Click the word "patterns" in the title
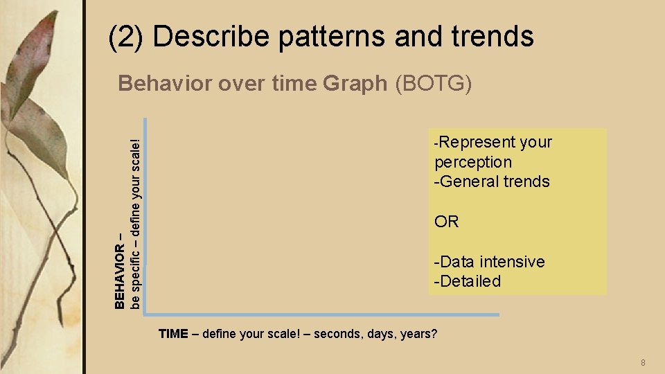click(332, 36)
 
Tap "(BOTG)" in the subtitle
click(433, 84)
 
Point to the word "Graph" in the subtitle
click(355, 84)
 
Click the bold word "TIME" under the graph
click(173, 334)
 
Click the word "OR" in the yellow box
click(446, 222)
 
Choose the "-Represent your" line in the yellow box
click(492, 142)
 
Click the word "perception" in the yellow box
click(473, 162)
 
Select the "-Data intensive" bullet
click(489, 262)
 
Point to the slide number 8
click(643, 363)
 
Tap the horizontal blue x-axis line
click(322, 314)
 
